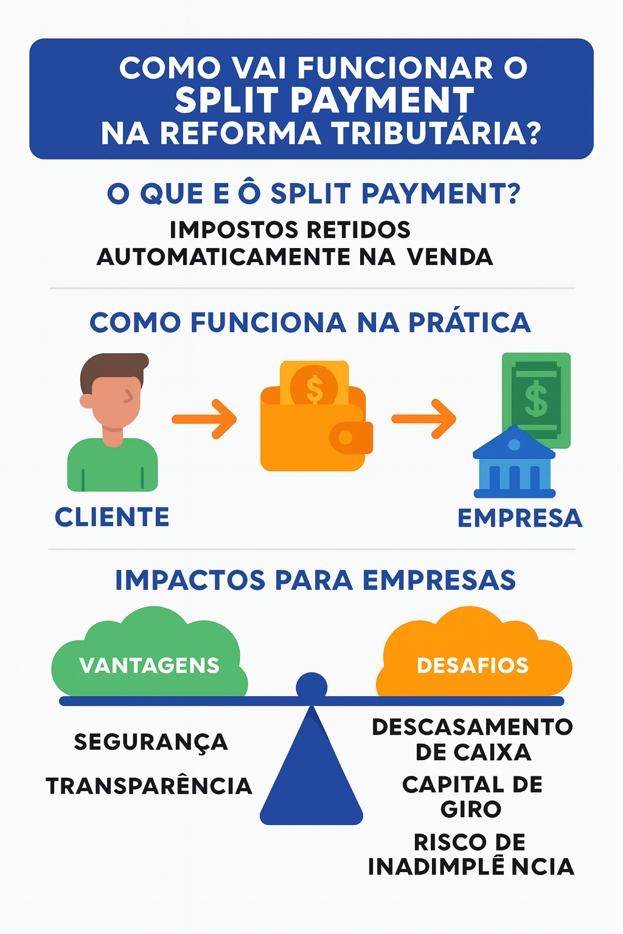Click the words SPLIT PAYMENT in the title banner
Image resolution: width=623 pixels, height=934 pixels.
click(324, 100)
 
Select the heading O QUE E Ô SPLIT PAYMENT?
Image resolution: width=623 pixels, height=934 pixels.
click(313, 194)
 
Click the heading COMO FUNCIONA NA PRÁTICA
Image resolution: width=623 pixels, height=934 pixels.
click(310, 322)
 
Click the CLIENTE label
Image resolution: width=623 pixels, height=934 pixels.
click(112, 517)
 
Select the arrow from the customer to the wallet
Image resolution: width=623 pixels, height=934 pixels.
click(204, 419)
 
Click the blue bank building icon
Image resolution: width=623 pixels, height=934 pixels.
click(514, 465)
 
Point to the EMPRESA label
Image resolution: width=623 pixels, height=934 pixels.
click(520, 518)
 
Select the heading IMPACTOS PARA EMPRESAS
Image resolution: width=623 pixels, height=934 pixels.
click(315, 580)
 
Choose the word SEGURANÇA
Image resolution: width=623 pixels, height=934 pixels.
click(151, 742)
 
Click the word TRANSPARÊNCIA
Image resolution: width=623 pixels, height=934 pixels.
click(149, 786)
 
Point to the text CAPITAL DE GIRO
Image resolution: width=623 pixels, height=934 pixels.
click(472, 797)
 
